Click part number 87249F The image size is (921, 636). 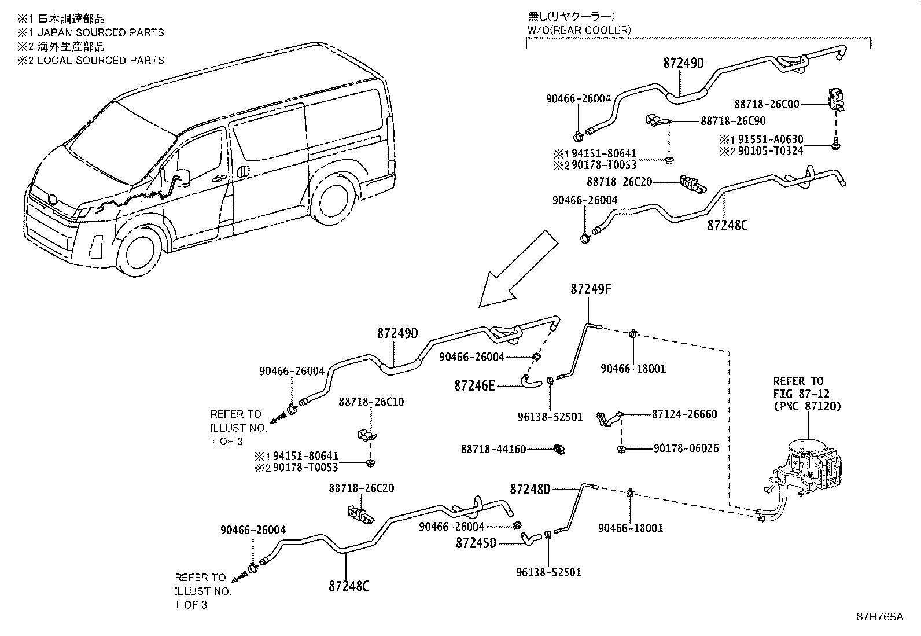(x=591, y=289)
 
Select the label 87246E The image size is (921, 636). (x=474, y=385)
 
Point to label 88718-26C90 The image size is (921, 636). (x=733, y=121)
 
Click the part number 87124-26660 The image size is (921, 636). (x=684, y=414)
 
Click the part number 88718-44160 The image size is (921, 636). (x=493, y=448)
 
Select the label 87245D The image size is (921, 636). (x=476, y=543)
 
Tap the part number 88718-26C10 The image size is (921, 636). (x=371, y=402)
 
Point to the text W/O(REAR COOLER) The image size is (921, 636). (x=579, y=30)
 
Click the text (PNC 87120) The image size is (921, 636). (x=806, y=406)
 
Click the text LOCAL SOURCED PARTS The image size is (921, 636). (x=100, y=60)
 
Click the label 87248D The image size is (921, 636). (x=530, y=490)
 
